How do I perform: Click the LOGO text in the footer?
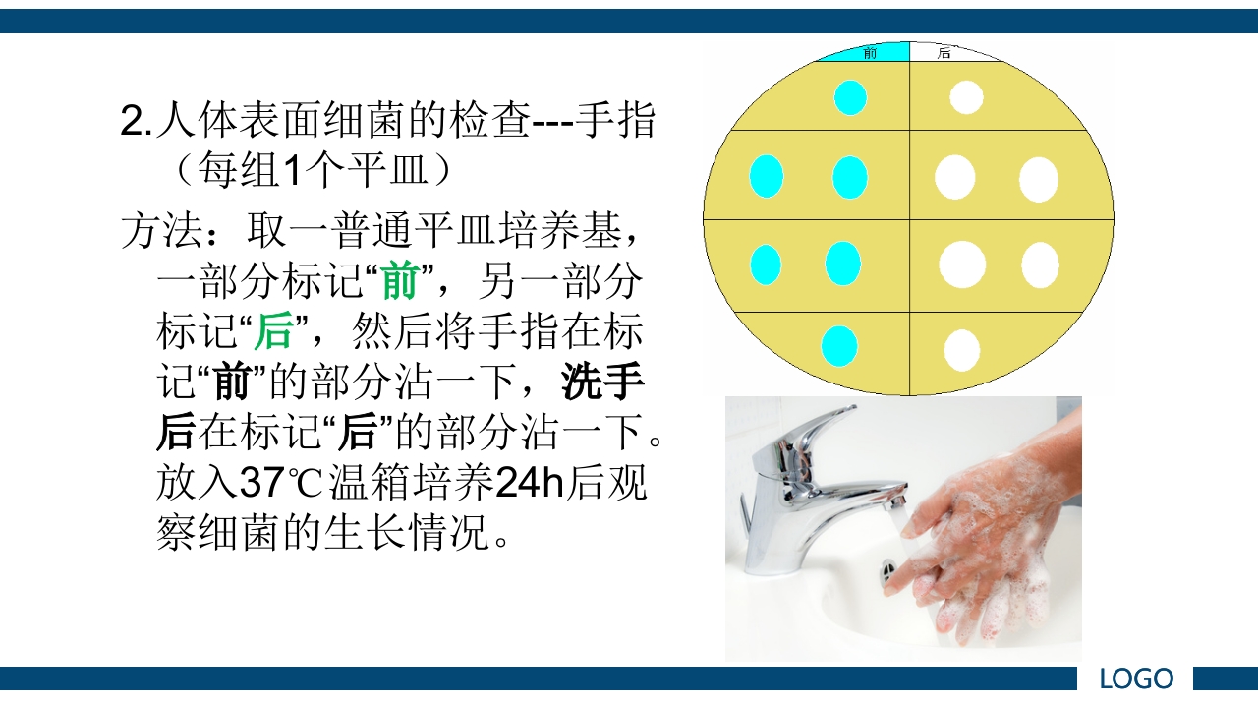(x=1136, y=678)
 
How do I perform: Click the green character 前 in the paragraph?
(x=400, y=282)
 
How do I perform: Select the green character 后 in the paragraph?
(x=273, y=332)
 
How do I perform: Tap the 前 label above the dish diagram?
(x=870, y=53)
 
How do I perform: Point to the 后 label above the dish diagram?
(x=944, y=53)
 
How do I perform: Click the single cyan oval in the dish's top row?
(x=850, y=97)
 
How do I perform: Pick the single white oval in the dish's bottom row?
(x=961, y=350)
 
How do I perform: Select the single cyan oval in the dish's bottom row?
(x=839, y=346)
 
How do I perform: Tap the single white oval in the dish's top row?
(x=966, y=96)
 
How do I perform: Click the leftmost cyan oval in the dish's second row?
(x=767, y=177)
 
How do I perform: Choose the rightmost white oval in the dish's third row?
(x=1040, y=265)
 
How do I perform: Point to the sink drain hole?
(x=888, y=567)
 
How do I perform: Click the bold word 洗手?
(x=602, y=383)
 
